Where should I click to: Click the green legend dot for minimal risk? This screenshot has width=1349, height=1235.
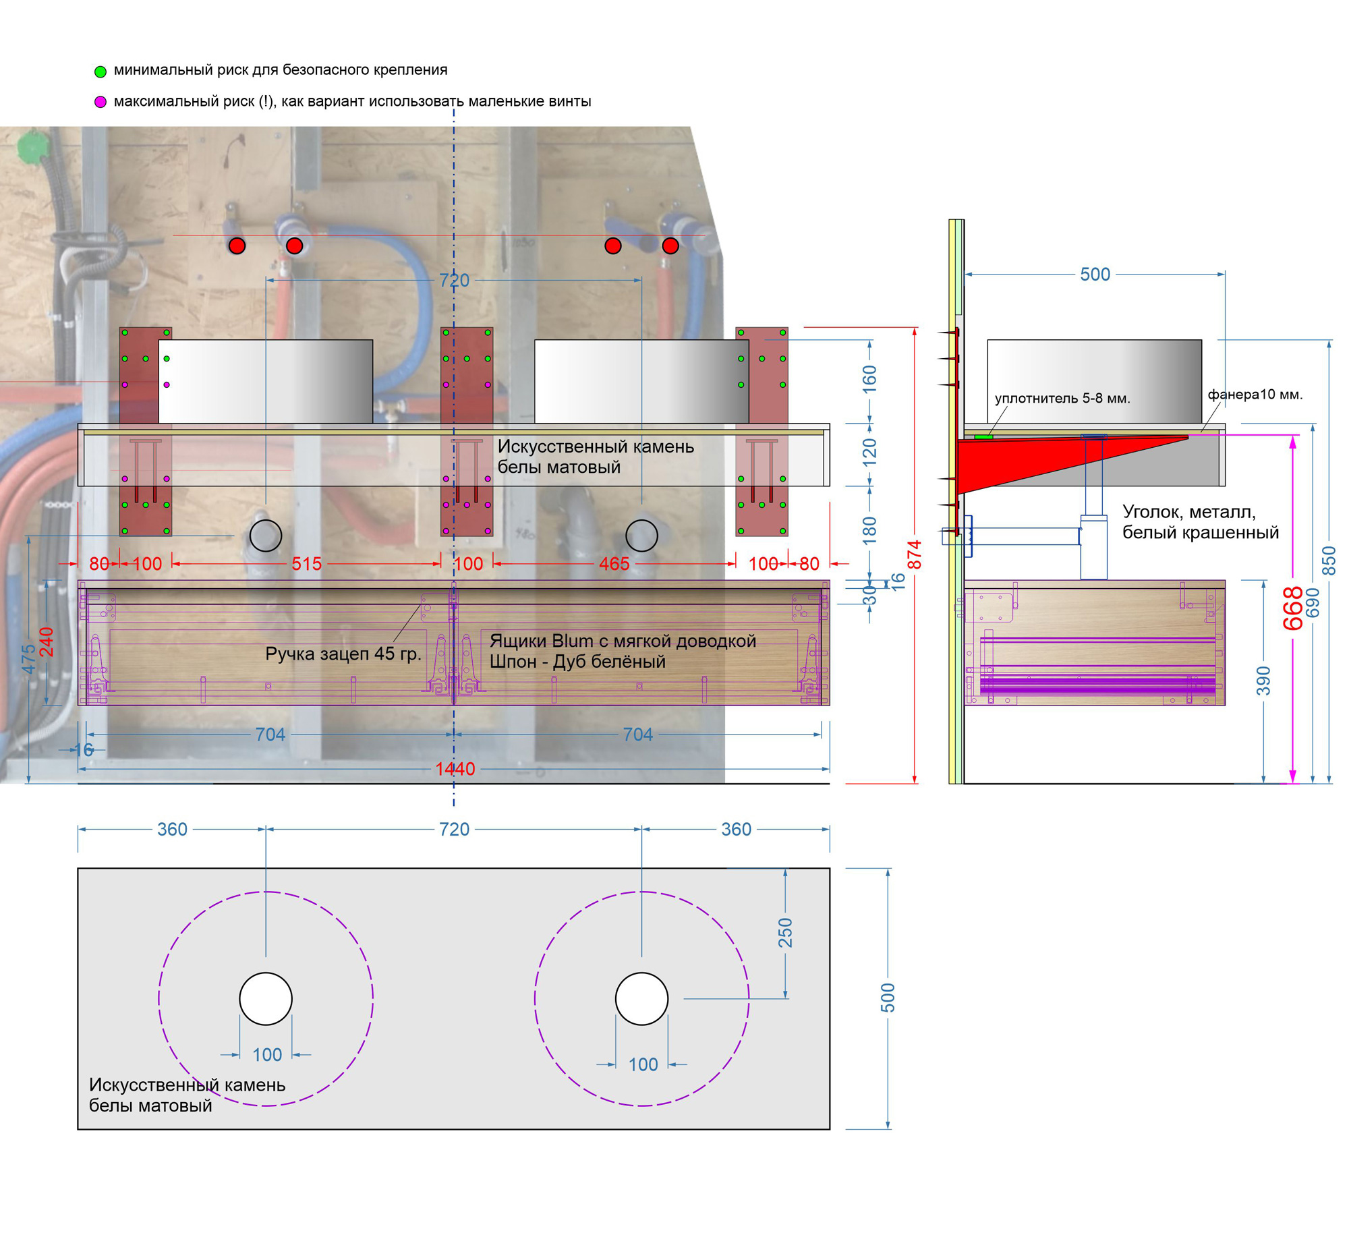[101, 71]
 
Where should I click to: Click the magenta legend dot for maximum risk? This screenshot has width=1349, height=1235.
[101, 103]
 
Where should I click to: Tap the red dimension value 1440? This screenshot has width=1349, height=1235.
[455, 768]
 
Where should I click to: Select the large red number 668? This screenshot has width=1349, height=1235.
[1292, 608]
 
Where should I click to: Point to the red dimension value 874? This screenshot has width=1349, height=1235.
[914, 554]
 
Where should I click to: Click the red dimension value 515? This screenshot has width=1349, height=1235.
[306, 564]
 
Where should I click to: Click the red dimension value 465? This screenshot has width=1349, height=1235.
[614, 564]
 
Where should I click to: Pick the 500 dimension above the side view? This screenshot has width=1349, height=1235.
[1095, 275]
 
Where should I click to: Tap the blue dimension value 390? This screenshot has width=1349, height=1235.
[1263, 681]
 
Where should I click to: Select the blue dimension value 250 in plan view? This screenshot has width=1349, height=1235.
[785, 933]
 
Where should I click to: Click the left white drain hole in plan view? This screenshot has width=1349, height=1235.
[266, 999]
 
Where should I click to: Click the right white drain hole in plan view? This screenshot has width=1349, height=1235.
[641, 999]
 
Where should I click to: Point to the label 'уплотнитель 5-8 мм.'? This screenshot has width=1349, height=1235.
[1062, 399]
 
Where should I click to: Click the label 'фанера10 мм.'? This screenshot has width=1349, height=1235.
[1255, 395]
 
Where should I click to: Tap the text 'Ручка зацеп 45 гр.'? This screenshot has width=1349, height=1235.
[343, 654]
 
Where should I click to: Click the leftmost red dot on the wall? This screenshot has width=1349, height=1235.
[237, 246]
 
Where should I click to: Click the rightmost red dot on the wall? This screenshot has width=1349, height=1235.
[670, 246]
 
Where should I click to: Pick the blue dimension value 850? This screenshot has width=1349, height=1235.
[1328, 561]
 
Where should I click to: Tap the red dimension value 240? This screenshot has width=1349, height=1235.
[46, 641]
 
